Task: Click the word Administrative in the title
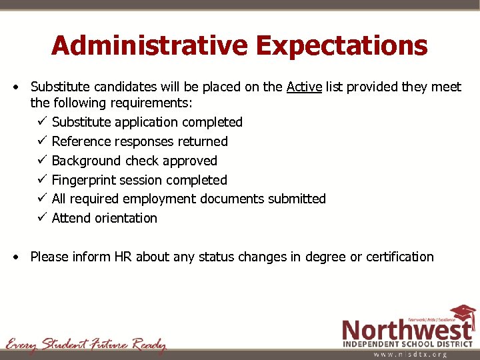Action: [149, 45]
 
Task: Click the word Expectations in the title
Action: [342, 45]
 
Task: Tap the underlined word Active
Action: [305, 87]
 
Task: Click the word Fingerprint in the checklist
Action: [83, 180]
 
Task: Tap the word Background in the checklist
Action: [85, 161]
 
